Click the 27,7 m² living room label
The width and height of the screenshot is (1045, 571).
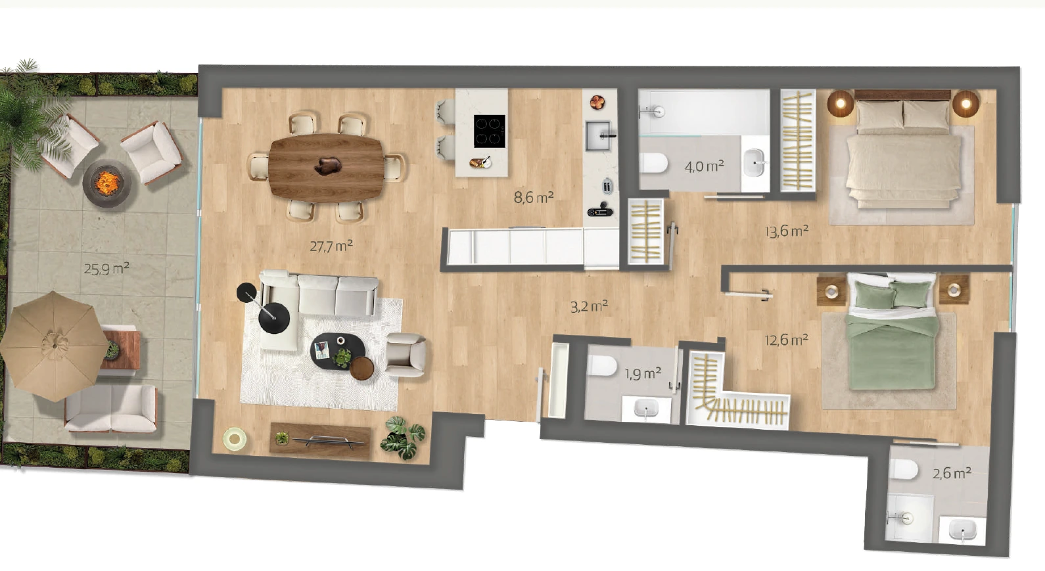[331, 245]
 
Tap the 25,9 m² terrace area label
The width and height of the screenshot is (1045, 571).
[106, 268]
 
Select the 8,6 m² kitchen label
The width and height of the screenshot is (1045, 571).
[534, 197]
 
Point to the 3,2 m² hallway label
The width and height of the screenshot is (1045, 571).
[590, 306]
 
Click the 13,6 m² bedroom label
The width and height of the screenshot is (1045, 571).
[787, 231]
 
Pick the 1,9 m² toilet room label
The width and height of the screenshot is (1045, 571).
[643, 373]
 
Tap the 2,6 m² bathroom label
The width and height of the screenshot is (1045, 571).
[952, 474]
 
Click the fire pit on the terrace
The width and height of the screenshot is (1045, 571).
[107, 183]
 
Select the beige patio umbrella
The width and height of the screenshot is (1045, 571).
[54, 346]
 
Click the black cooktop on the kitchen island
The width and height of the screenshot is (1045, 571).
[490, 131]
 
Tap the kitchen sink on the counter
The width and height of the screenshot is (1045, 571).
[597, 135]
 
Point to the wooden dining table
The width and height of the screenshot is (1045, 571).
[327, 167]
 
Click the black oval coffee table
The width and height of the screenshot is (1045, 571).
[338, 351]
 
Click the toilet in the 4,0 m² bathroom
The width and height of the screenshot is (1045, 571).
[653, 164]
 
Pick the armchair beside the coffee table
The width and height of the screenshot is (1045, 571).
[406, 355]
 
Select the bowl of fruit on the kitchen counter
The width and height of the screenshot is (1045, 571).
[597, 102]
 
